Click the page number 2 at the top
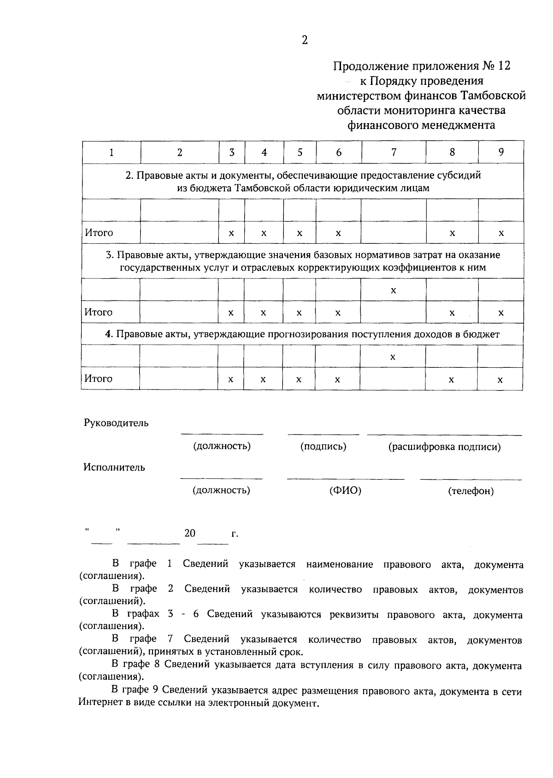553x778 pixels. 305,40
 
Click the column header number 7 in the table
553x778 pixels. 394,152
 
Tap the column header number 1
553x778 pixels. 112,153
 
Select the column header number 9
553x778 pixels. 501,152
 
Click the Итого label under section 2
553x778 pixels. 99,233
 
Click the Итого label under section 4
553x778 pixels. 98,379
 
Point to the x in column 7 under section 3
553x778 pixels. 393,290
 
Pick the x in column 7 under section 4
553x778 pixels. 393,357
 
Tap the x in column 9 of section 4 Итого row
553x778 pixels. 500,380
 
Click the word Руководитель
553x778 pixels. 116,423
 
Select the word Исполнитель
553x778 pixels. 114,467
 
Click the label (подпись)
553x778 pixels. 324,446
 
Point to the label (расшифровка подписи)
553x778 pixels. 444,447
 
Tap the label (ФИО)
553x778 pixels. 345,490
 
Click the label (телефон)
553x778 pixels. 471,491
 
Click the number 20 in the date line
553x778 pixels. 190,533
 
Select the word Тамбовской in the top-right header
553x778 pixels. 494,96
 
